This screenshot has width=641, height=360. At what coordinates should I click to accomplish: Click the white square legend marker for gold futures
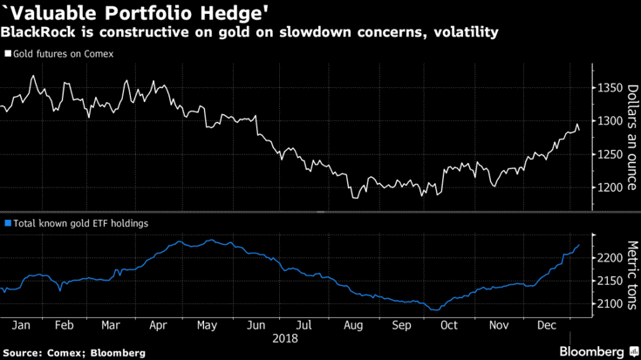coord(8,53)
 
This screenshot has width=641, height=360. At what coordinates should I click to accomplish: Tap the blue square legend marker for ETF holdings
coord(8,223)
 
